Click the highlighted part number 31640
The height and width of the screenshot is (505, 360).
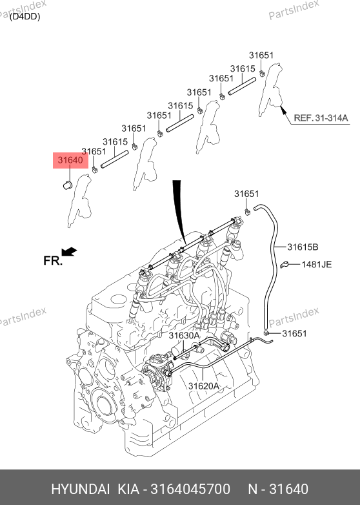click(x=70, y=160)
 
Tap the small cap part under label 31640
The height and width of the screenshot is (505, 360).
click(x=68, y=185)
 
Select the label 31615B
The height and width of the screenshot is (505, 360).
click(x=303, y=247)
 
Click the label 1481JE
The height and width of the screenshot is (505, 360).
click(x=316, y=264)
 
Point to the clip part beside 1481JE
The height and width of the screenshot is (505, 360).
click(x=285, y=265)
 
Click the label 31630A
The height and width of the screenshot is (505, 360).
click(x=184, y=336)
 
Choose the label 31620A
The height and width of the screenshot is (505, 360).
click(x=203, y=386)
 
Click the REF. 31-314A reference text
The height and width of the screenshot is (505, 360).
click(x=321, y=118)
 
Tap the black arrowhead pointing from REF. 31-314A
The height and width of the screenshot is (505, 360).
click(x=283, y=110)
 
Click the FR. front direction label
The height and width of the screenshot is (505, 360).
click(x=53, y=260)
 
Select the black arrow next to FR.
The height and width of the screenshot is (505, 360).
click(x=69, y=252)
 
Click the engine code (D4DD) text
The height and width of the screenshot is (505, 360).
click(x=25, y=17)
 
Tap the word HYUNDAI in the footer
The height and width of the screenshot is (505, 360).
click(x=81, y=489)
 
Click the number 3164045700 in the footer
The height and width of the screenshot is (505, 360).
click(x=190, y=489)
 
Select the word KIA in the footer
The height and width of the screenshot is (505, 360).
click(x=128, y=489)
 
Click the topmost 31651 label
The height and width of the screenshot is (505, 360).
click(x=261, y=56)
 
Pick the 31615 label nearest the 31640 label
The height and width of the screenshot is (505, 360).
click(x=115, y=141)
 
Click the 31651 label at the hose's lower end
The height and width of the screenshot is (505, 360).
click(x=294, y=333)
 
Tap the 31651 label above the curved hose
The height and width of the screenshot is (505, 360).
click(x=246, y=194)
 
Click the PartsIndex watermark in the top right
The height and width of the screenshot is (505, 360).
click(x=294, y=10)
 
